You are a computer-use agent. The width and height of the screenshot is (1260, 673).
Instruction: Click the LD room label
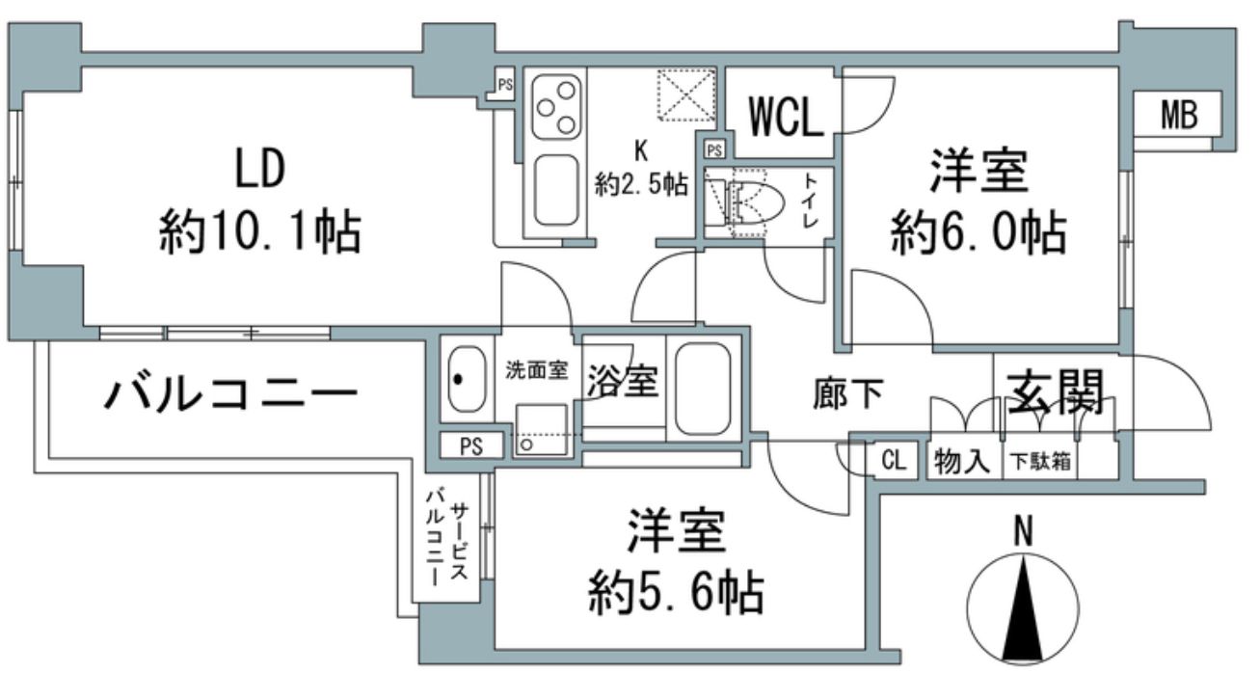[x=259, y=170]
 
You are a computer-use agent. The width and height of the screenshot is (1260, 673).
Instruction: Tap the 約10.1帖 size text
[x=259, y=232]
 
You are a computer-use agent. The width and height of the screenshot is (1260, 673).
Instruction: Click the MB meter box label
[x=1177, y=117]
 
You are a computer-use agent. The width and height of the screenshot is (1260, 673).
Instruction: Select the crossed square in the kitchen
[x=686, y=95]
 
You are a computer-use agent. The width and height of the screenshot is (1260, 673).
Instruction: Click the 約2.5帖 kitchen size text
[x=641, y=184]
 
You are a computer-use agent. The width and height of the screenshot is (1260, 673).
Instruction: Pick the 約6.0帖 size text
[x=978, y=232]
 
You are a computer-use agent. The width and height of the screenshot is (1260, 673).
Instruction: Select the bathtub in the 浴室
[x=707, y=387]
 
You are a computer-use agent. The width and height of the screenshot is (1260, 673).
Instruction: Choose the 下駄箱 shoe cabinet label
[x=1042, y=462]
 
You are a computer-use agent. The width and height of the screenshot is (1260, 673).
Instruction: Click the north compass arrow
[x=1023, y=602]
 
